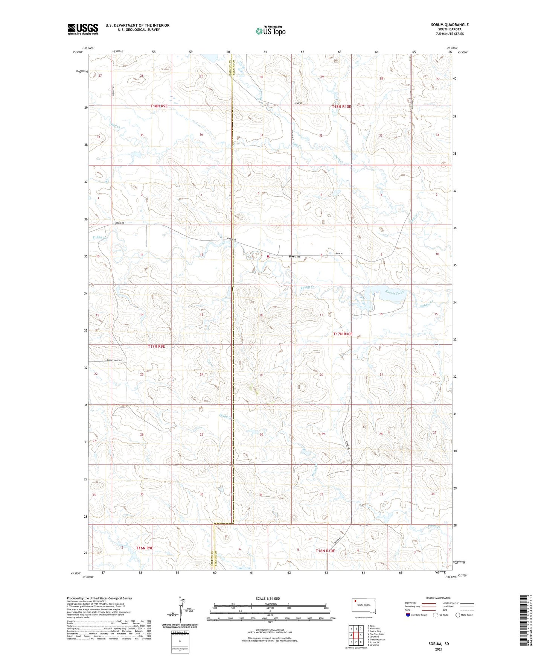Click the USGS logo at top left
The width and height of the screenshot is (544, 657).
click(x=83, y=29)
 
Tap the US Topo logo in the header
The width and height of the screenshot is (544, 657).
click(x=270, y=31)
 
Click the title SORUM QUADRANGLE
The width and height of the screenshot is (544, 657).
click(x=450, y=25)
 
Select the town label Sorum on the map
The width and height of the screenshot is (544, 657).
click(x=294, y=256)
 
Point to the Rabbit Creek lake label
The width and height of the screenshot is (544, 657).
click(x=394, y=293)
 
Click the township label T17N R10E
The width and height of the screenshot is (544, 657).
click(x=343, y=334)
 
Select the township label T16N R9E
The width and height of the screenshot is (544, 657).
click(x=144, y=548)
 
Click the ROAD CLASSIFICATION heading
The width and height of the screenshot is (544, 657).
click(x=439, y=598)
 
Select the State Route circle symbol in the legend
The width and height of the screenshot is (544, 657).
click(x=457, y=615)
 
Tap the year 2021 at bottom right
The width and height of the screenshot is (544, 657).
click(x=439, y=649)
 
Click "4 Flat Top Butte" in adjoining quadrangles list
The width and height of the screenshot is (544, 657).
click(x=376, y=634)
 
